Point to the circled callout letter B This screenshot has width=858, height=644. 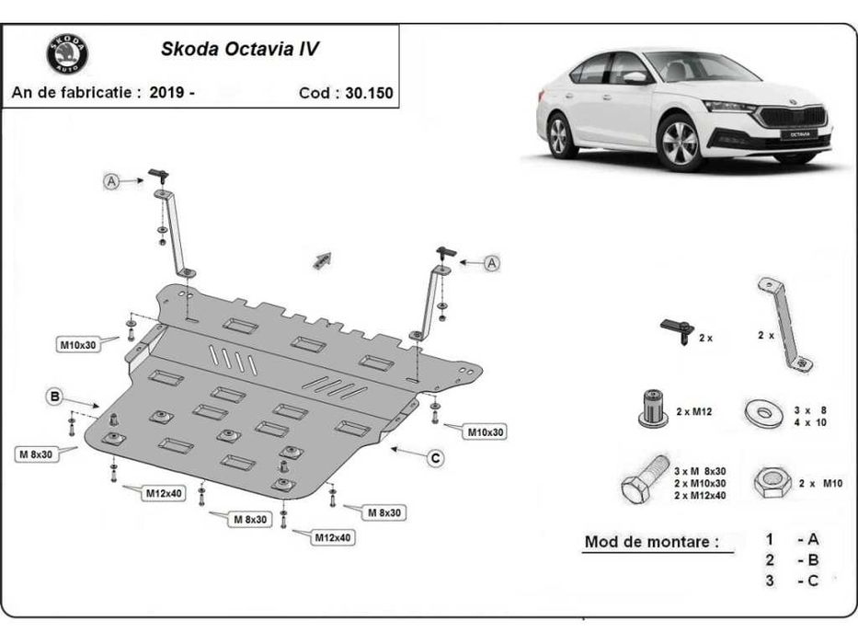(55, 397)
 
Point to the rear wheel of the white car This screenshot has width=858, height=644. (557, 137)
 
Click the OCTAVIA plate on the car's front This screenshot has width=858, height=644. (799, 134)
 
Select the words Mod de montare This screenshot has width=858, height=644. (651, 542)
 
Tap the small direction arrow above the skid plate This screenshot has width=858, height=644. (321, 260)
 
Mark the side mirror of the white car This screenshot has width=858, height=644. (635, 78)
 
